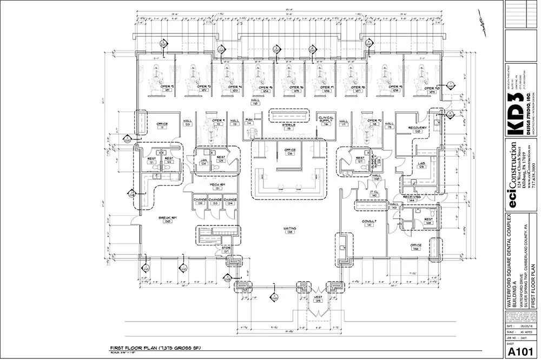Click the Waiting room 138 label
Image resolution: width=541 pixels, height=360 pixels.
(x=290, y=230)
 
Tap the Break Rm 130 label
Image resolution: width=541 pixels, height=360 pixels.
(x=164, y=219)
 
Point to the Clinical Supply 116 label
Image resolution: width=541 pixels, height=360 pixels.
(x=326, y=121)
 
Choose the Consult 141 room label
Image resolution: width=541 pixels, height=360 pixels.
(x=370, y=222)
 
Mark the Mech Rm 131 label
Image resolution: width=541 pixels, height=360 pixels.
(x=215, y=186)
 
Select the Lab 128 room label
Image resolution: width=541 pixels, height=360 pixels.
(x=421, y=165)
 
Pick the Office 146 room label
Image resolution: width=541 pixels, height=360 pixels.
(x=415, y=247)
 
